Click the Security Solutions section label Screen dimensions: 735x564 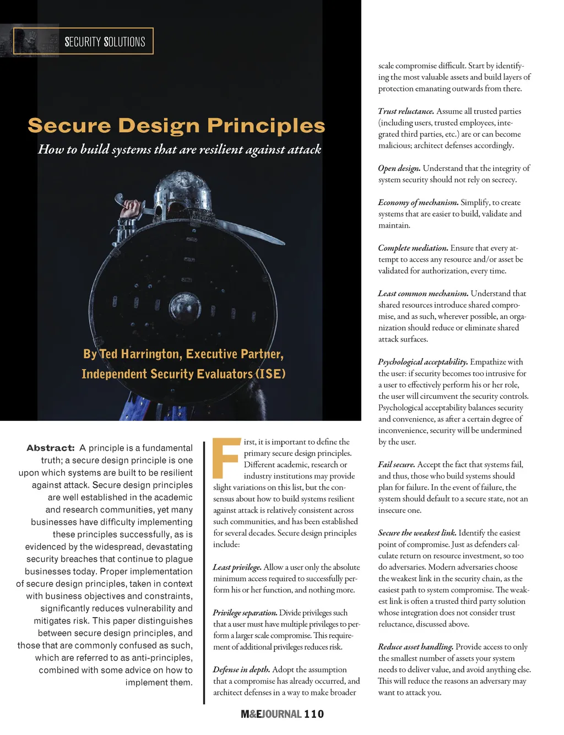coord(105,42)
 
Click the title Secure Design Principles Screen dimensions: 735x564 coord(176,126)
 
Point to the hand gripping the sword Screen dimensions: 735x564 coord(131,209)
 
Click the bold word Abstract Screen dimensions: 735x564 coord(51,448)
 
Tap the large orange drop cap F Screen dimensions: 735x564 coord(226,458)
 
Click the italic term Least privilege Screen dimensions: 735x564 coord(237,567)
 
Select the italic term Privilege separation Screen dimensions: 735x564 coord(245,613)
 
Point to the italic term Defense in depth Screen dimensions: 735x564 coord(241,669)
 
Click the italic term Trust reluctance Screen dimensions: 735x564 coord(406,111)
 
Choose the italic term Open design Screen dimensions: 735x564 coord(399,168)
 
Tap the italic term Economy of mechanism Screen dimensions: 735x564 coord(418,202)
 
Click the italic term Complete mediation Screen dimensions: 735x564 coord(413,248)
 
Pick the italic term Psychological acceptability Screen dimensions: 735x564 coord(422,362)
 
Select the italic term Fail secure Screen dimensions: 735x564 coord(397,464)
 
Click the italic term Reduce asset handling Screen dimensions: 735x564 coord(415,647)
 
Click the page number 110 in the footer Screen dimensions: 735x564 coord(314,714)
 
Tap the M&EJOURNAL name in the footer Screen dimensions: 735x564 coord(270,714)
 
